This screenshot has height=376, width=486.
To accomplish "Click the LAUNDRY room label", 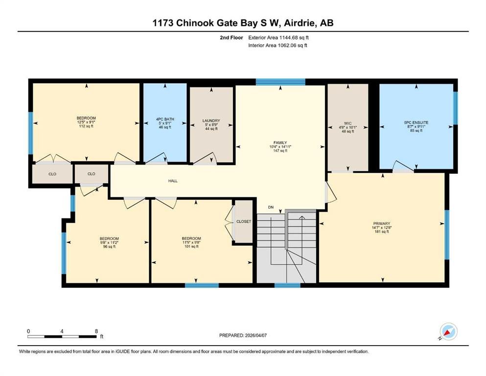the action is [211, 120].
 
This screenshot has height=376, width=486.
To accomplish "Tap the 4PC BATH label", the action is [165, 119].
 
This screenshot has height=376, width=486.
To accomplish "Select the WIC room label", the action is [348, 123].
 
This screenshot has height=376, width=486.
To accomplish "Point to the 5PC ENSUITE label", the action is [417, 122].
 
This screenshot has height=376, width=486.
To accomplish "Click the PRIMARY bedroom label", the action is [382, 223].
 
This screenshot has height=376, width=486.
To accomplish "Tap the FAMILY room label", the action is [280, 142].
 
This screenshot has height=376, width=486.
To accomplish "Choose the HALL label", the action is [173, 181].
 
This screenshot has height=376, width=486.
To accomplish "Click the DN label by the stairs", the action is [271, 207].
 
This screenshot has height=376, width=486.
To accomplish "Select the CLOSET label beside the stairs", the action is [244, 221].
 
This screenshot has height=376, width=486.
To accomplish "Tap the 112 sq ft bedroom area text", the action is [86, 126].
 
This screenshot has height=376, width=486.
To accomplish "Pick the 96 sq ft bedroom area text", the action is [109, 247].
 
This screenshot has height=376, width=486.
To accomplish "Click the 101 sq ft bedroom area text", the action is [191, 246].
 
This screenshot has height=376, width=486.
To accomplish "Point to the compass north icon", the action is [448, 331].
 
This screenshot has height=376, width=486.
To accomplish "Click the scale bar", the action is [62, 336].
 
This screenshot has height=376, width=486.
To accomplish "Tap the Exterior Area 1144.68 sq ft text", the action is [278, 38].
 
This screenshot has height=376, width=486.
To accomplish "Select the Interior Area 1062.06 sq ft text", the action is [278, 45].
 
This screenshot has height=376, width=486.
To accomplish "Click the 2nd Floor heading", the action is [231, 38].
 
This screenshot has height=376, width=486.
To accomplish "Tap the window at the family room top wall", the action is [280, 82].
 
